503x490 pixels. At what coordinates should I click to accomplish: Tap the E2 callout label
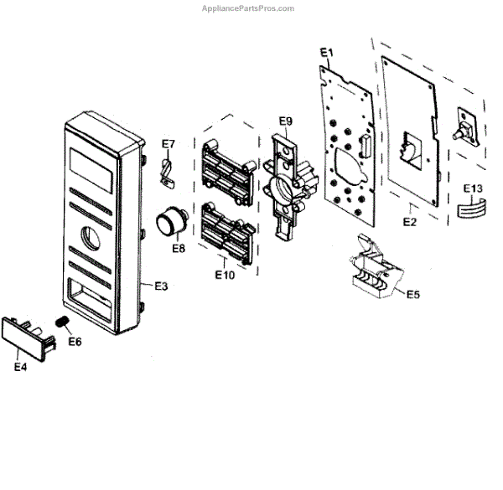[410, 222]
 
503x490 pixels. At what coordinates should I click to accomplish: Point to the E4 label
[21, 365]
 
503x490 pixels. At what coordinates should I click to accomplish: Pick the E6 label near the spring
[75, 341]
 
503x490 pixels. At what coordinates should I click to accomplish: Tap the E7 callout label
[169, 143]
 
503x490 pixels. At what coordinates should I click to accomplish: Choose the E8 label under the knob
[179, 248]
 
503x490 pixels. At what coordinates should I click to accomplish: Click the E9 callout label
[285, 121]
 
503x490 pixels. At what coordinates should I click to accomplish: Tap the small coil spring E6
[61, 322]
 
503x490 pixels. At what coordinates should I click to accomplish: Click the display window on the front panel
[90, 168]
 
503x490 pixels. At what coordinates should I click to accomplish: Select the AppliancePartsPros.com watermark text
[249, 8]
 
